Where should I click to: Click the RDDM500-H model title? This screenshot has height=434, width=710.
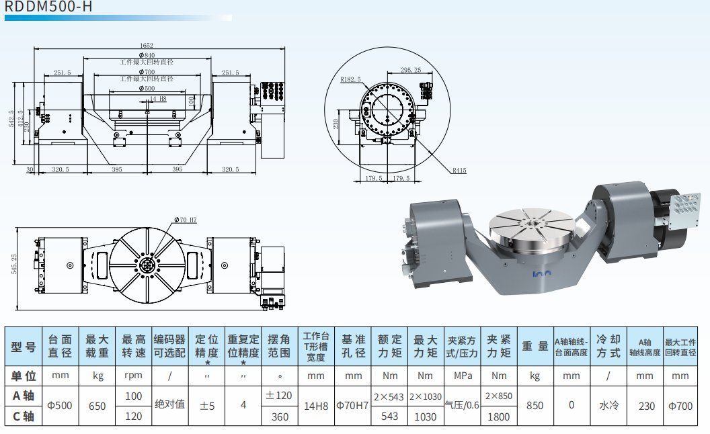[48, 7]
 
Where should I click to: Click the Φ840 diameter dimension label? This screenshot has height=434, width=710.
[147, 54]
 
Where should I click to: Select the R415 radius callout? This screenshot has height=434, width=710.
[459, 171]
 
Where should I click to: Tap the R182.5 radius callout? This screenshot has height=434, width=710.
[350, 79]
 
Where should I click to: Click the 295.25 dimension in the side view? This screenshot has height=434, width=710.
[410, 70]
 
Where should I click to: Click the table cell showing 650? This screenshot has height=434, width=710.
[98, 406]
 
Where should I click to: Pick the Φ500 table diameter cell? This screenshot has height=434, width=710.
[61, 406]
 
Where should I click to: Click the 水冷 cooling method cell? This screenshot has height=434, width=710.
[608, 406]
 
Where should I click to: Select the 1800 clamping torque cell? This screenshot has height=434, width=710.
[499, 417]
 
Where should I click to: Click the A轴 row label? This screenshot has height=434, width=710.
[24, 396]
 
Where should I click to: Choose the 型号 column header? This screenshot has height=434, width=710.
[24, 347]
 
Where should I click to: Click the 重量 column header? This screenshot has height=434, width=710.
[535, 347]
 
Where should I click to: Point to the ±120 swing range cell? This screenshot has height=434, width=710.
[278, 396]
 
